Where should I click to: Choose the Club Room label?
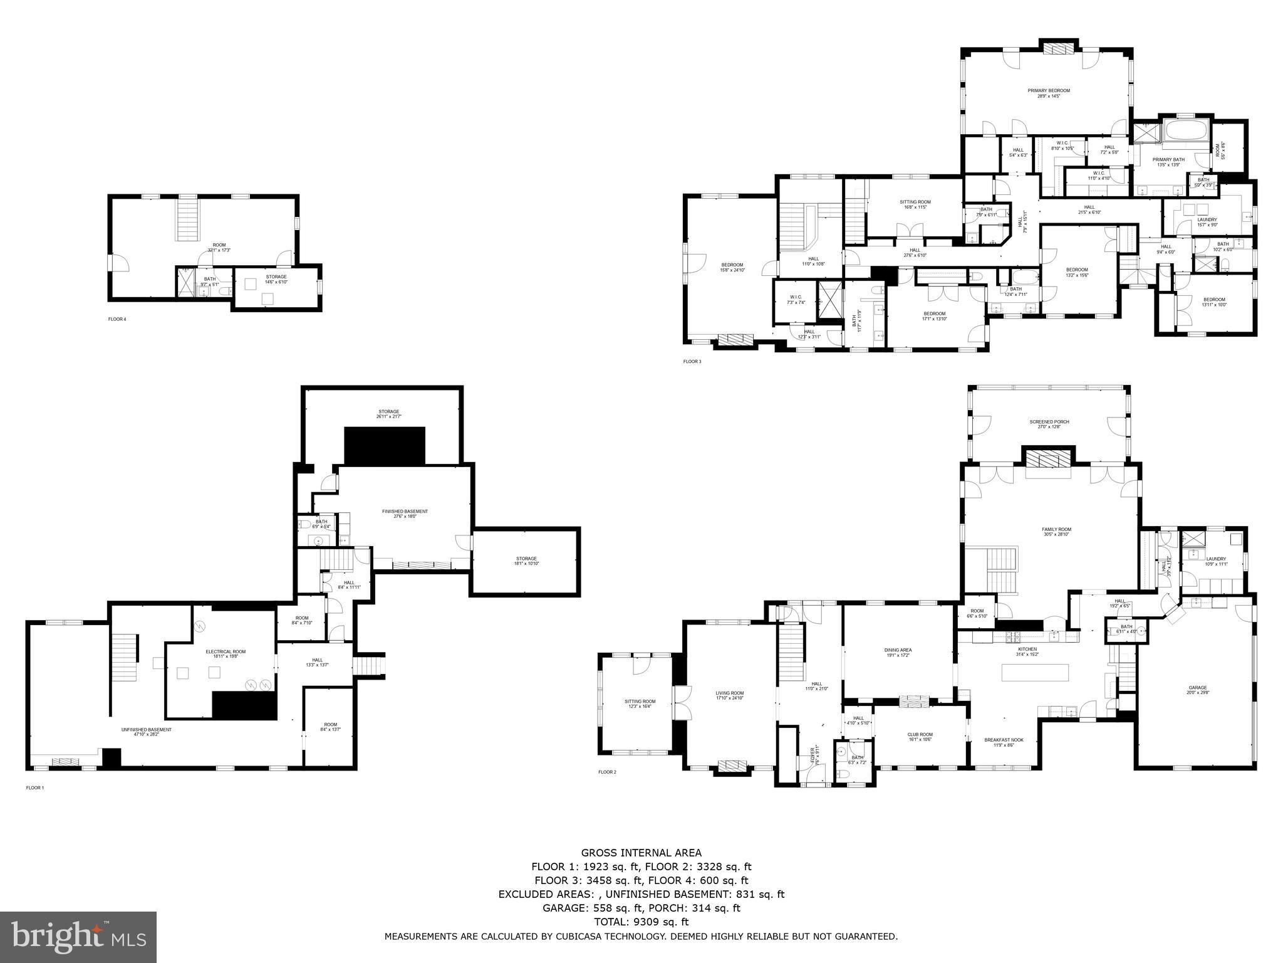pos(920,737)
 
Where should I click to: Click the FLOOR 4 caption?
pos(117,319)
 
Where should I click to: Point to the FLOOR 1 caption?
pos(35,787)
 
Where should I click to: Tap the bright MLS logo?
pos(78,937)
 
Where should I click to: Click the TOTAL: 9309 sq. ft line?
pos(641,922)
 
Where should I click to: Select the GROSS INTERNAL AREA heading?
pos(641,853)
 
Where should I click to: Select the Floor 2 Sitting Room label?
pos(640,703)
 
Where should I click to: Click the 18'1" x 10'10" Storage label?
pos(526,561)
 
